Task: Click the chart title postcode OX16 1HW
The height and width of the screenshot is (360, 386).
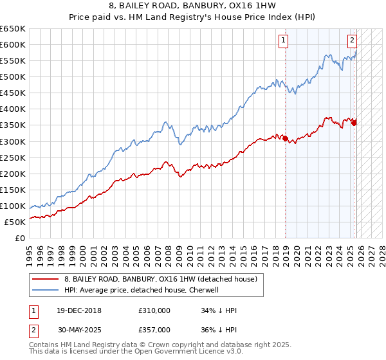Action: pos(232,5)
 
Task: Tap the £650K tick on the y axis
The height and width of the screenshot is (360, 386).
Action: pos(13,29)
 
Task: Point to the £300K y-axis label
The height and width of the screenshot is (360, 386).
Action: pos(13,141)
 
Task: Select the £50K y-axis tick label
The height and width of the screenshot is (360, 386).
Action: pos(15,222)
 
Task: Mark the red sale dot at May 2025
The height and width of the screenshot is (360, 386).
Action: pos(354,123)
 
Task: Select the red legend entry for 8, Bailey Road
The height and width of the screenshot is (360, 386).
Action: pos(161,279)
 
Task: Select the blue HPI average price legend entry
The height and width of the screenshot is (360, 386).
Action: pos(141,290)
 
